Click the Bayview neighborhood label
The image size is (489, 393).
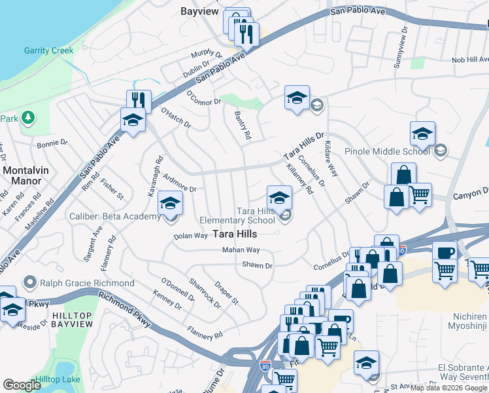click(199, 11)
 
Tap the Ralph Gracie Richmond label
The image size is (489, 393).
click(87, 283)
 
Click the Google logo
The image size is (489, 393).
click(22, 384)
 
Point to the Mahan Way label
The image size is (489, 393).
click(241, 250)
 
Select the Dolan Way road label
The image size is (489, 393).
click(191, 235)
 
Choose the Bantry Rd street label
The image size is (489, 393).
click(243, 124)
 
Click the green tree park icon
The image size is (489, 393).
click(27, 117)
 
